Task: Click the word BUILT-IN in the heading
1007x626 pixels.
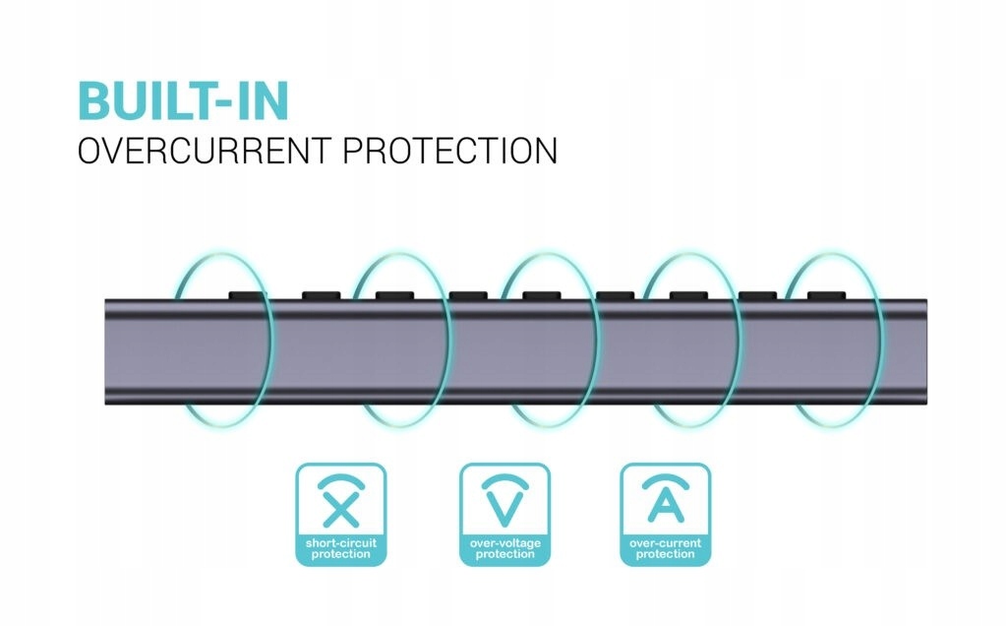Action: point(184,101)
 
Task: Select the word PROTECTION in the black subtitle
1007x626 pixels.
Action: point(450,151)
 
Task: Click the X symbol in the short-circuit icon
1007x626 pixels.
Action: point(341,509)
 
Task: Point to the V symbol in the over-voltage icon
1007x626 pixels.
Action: point(504,508)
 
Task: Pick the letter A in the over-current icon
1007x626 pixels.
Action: point(666,505)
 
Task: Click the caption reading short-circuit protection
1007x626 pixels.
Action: point(341,549)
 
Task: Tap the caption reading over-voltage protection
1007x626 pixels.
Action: point(504,549)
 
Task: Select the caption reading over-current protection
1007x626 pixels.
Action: point(666,549)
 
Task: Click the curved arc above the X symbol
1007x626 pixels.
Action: point(341,478)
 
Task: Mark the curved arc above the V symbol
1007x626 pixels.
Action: point(504,478)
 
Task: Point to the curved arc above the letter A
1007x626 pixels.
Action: point(666,478)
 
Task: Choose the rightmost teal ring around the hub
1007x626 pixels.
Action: point(884,341)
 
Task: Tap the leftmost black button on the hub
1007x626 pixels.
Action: point(247,295)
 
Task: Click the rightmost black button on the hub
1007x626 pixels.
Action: point(826,295)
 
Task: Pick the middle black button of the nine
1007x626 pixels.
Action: point(542,295)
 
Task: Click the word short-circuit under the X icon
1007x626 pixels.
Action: point(341,543)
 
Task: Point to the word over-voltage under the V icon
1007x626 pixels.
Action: point(504,543)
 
